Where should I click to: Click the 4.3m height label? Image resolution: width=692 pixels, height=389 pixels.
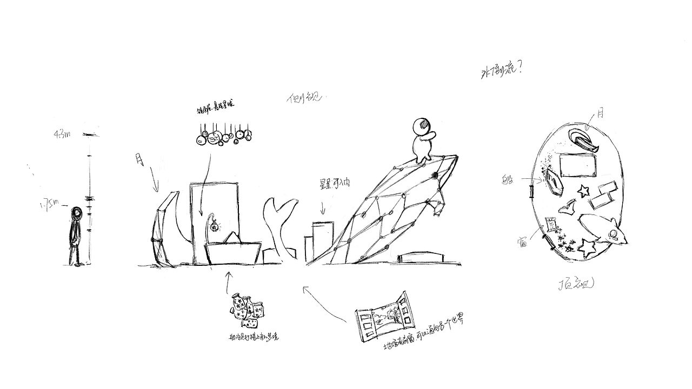(x=62, y=135)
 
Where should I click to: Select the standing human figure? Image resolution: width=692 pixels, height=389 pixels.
(x=75, y=236)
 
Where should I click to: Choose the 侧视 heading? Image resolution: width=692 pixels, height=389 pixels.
(x=304, y=98)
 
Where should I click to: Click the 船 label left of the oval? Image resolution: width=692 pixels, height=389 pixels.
(x=508, y=179)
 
